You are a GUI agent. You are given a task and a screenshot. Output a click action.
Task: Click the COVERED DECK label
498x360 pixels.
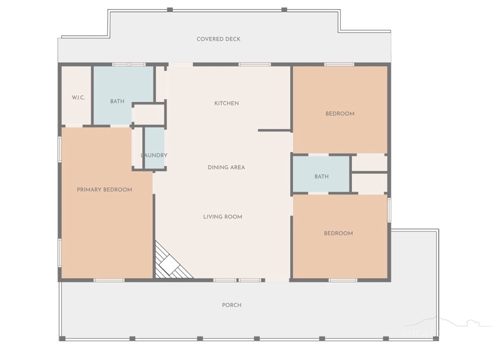click(x=218, y=39)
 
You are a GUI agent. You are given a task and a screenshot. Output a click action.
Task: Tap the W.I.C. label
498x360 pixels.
click(x=78, y=97)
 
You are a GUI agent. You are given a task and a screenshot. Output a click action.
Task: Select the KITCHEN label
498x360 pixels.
click(x=227, y=103)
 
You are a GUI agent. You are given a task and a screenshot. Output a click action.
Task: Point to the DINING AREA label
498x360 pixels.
click(x=226, y=167)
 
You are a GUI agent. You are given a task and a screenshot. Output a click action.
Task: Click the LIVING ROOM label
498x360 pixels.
click(x=223, y=217)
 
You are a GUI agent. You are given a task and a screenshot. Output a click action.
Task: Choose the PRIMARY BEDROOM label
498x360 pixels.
click(x=105, y=190)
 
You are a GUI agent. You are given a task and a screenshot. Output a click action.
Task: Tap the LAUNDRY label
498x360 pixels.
click(x=154, y=155)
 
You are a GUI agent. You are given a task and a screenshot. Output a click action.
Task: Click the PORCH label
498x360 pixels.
click(x=231, y=305)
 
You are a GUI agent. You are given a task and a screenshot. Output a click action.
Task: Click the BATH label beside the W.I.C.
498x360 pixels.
click(x=117, y=102)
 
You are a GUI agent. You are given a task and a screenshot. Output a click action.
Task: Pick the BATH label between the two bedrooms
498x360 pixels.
click(x=322, y=176)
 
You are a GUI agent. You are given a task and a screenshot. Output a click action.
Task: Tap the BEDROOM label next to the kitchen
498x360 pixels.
click(x=340, y=114)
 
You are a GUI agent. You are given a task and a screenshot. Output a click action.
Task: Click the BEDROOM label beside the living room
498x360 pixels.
click(x=338, y=233)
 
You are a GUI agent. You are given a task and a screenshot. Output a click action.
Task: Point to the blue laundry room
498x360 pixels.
click(x=155, y=148)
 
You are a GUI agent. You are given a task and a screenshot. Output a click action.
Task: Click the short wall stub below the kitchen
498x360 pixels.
click(x=275, y=130)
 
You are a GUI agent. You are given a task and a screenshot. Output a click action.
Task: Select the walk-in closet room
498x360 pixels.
click(x=76, y=95)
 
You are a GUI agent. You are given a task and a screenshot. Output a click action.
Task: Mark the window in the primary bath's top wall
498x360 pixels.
click(x=129, y=64)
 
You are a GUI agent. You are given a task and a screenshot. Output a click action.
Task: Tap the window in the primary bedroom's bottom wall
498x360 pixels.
click(x=109, y=280)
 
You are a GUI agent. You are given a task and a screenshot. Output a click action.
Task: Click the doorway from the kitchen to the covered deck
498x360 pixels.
click(x=180, y=64)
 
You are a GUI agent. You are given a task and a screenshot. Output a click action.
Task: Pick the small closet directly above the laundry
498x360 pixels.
click(x=148, y=114)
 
